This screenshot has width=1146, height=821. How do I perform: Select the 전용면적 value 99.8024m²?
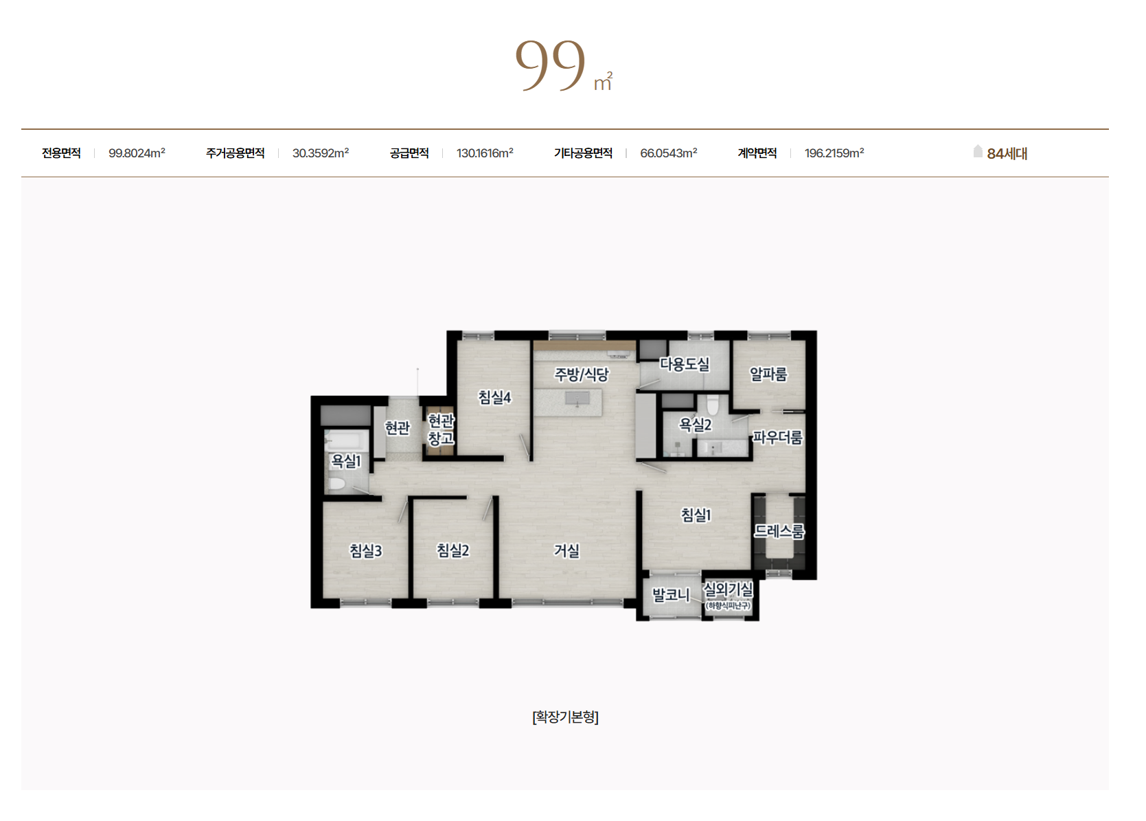point(137,153)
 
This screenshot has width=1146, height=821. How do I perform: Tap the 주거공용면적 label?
point(236,153)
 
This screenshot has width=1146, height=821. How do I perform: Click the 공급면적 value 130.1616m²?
point(485,153)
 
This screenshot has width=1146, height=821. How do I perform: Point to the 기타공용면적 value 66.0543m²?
point(669,153)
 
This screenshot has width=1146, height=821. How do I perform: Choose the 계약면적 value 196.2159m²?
point(834,153)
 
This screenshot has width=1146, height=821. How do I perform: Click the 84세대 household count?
point(1007,154)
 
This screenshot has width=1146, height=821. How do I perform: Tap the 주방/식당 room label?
point(582,374)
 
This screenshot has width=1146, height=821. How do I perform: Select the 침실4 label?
point(495,397)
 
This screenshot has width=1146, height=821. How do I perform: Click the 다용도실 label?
point(685,364)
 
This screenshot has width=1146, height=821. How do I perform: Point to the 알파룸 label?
point(768,374)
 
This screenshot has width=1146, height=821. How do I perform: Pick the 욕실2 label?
point(696,425)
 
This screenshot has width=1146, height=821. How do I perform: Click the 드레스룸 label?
point(779,531)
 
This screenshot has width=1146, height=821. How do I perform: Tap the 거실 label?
point(567,551)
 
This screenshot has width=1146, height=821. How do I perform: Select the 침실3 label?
point(366,551)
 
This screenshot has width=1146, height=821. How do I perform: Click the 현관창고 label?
point(441,429)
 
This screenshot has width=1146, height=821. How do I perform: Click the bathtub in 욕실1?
point(347,440)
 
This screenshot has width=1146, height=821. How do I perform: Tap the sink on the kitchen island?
point(577,398)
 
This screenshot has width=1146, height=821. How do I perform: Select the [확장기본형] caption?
point(565,717)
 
